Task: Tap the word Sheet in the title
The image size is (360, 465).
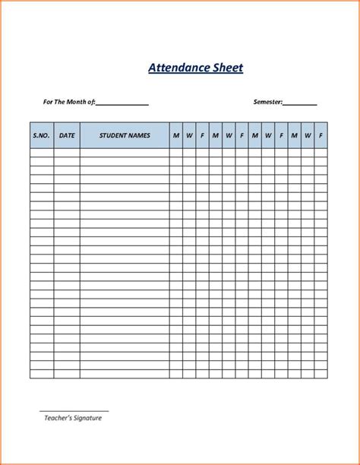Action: (x=226, y=68)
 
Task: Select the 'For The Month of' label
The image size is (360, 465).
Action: (x=68, y=102)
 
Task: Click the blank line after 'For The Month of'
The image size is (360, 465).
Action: (x=122, y=103)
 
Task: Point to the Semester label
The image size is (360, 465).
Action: (x=267, y=102)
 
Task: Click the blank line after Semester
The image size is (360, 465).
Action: (x=300, y=103)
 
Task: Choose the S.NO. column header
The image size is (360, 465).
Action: (x=41, y=135)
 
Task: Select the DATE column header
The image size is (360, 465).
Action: (x=67, y=135)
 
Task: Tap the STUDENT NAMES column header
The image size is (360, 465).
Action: (x=125, y=135)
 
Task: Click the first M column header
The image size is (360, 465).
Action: (x=175, y=135)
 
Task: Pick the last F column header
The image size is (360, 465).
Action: (x=321, y=135)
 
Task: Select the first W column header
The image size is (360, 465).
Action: (x=189, y=135)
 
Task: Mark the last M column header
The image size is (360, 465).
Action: (x=294, y=135)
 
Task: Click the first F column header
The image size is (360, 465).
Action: (x=202, y=135)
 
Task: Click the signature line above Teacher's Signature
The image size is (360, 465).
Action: (x=74, y=411)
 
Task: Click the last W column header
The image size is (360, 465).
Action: (x=308, y=135)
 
